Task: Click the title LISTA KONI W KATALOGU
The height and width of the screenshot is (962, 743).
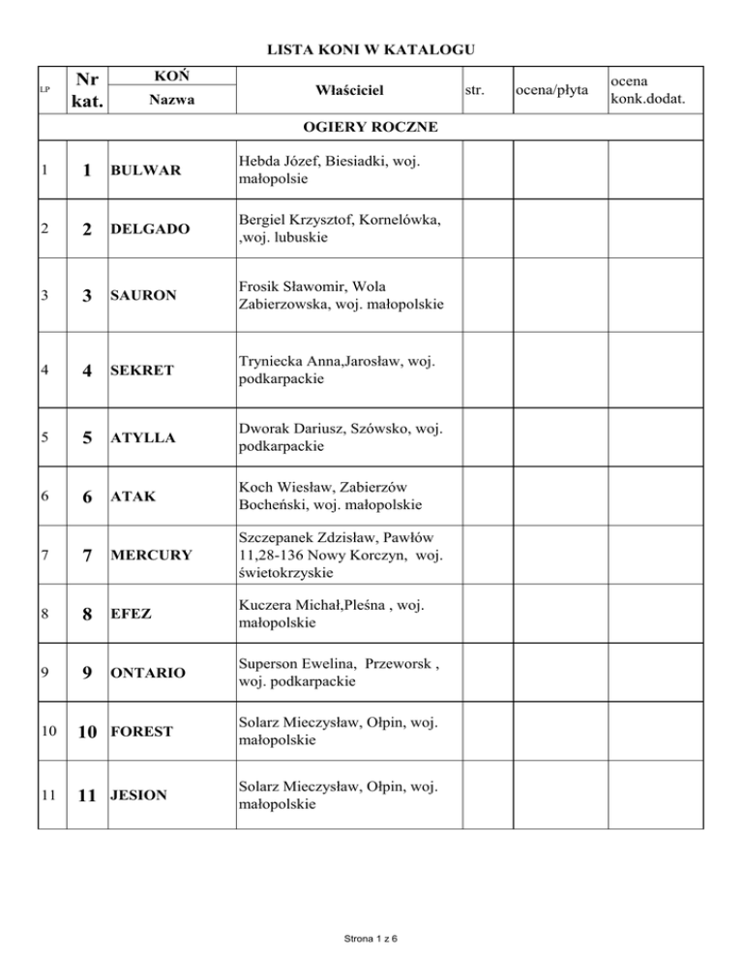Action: tap(371, 49)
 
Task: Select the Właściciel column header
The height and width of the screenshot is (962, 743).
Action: tap(349, 90)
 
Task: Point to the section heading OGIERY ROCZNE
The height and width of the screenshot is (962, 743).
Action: tap(371, 127)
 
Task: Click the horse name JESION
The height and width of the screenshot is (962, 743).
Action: tap(137, 796)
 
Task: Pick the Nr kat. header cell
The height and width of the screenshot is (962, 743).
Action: tap(86, 90)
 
